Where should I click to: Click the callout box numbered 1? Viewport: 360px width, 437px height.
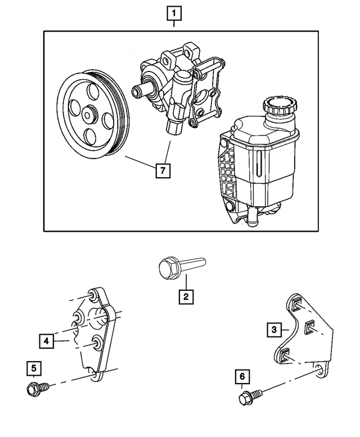pyautogui.click(x=174, y=12)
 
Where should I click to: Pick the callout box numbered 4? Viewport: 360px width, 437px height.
pyautogui.click(x=47, y=341)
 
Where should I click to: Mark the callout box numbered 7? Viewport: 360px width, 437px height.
pyautogui.click(x=163, y=170)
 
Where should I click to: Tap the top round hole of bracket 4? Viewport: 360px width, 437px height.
pyautogui.click(x=93, y=296)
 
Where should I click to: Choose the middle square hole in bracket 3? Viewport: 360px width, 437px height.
pyautogui.click(x=309, y=326)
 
